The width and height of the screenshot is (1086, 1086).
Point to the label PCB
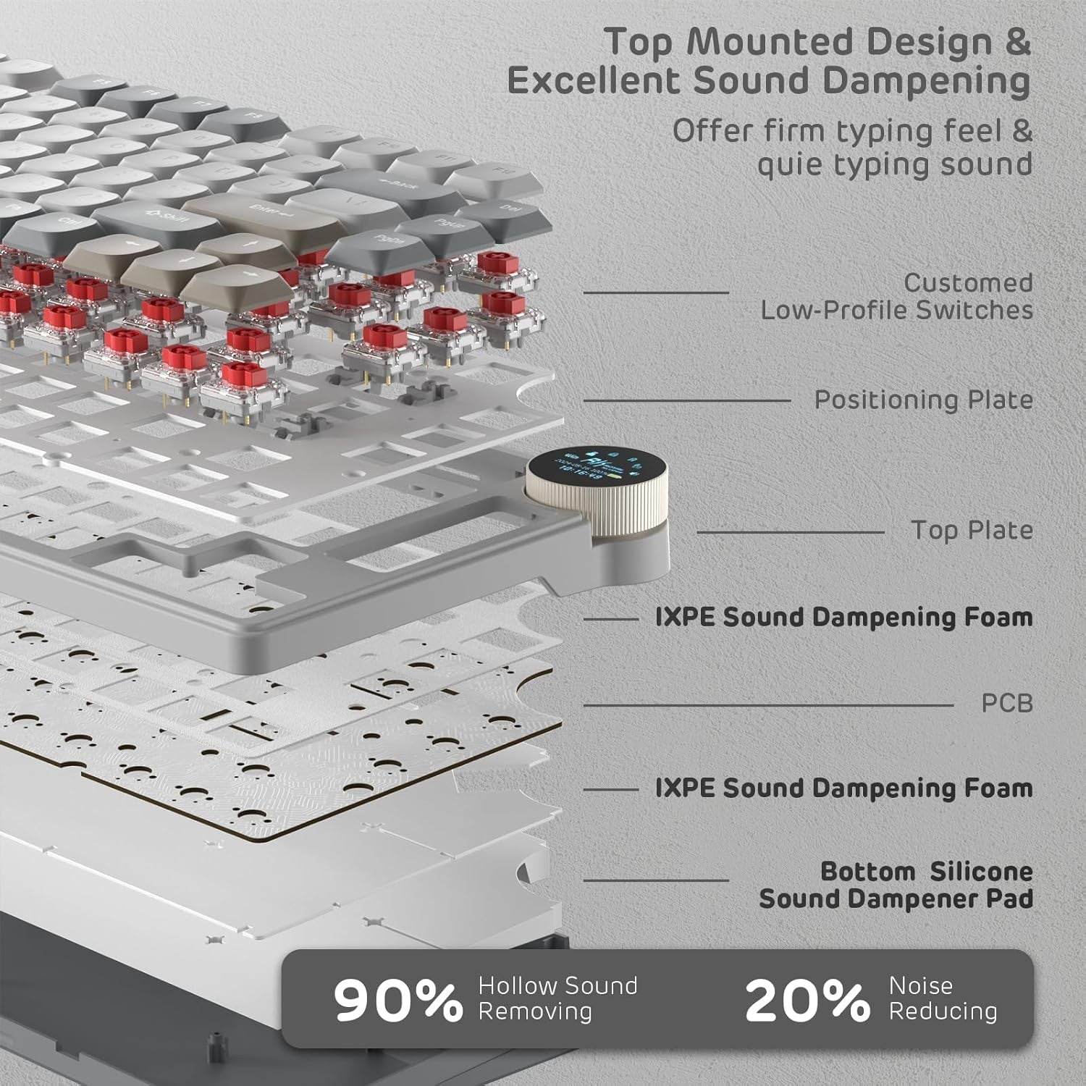[x=1006, y=704]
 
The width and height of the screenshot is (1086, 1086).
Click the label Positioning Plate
[x=923, y=400]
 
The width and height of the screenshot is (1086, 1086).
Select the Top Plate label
[x=972, y=531]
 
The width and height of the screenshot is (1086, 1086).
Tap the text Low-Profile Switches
[x=896, y=311]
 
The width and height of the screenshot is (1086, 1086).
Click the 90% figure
[x=397, y=1001]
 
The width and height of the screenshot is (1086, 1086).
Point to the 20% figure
[x=807, y=1001]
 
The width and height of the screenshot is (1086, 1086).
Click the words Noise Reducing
[x=942, y=998]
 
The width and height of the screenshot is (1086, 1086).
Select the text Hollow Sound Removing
[x=557, y=998]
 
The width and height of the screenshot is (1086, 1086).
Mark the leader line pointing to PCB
[x=767, y=704]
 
